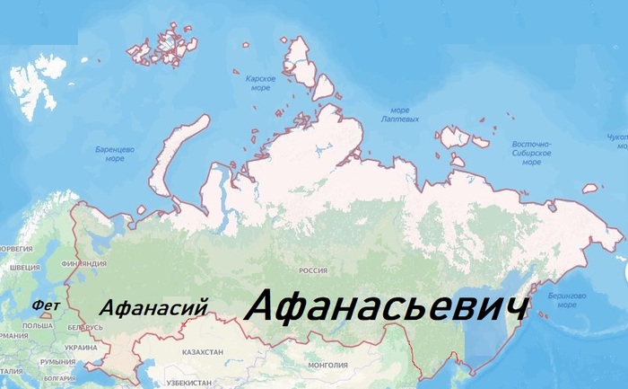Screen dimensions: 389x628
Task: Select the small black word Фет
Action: (45, 305)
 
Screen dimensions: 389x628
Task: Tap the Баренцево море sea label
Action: (114, 153)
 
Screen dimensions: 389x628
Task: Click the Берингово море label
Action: (566, 299)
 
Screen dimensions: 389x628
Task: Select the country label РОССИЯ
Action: (313, 270)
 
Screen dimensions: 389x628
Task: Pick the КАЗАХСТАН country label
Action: (202, 353)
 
